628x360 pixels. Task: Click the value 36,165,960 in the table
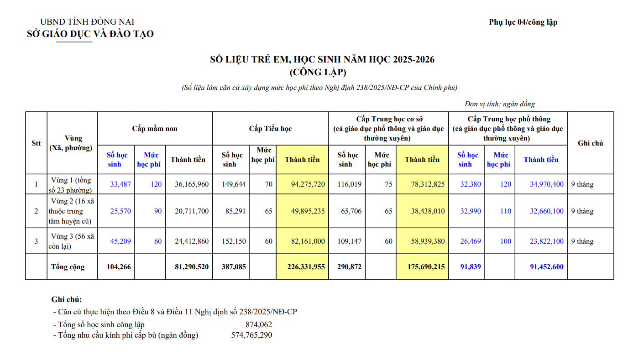click(192, 184)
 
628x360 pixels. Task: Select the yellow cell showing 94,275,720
click(308, 184)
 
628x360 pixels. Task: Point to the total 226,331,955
click(306, 266)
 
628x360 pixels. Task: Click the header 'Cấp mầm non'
click(155, 129)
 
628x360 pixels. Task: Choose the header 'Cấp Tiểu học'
click(270, 129)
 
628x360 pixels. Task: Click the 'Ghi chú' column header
click(590, 143)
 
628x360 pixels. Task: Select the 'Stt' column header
click(36, 143)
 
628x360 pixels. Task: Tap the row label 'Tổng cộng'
click(68, 266)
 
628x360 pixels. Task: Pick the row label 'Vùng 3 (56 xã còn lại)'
click(72, 241)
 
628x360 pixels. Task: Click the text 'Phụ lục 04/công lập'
click(523, 22)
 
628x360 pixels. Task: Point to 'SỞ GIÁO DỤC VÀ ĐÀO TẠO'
click(90, 34)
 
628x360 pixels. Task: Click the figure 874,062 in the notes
click(259, 324)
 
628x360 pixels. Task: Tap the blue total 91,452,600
click(547, 266)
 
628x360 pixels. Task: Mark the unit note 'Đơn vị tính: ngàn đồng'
click(500, 104)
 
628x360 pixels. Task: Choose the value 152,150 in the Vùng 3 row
click(234, 241)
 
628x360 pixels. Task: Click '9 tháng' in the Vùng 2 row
click(582, 211)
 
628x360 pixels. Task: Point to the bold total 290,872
click(349, 266)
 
